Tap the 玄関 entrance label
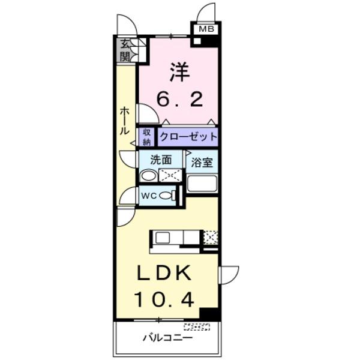(x=125, y=50)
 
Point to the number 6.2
(x=179, y=98)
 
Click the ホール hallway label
(x=124, y=121)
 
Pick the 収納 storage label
(x=146, y=137)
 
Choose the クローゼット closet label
(x=188, y=137)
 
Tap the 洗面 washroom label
(x=161, y=160)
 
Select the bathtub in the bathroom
(x=202, y=182)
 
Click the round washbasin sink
(x=148, y=176)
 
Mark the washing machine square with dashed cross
(x=170, y=175)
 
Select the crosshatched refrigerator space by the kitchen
(x=210, y=238)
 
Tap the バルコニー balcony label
(x=167, y=338)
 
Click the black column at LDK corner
(x=208, y=314)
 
